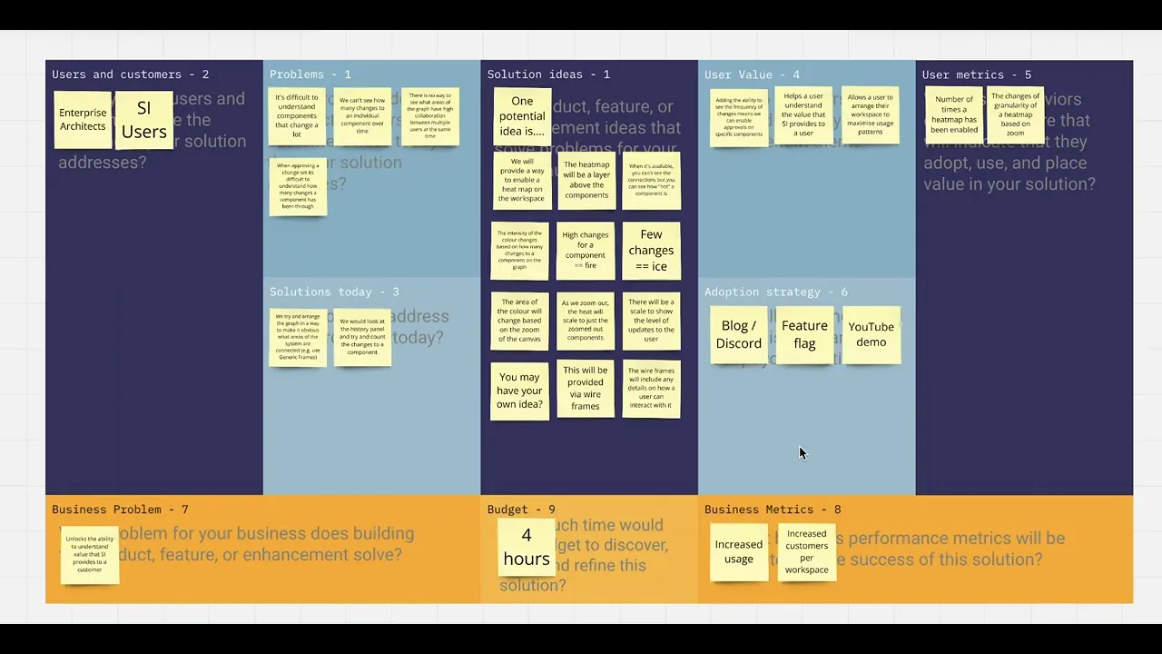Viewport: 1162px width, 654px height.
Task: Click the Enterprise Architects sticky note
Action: click(83, 120)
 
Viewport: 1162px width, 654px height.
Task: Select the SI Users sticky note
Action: click(143, 120)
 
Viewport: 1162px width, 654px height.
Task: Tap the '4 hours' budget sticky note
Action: click(527, 548)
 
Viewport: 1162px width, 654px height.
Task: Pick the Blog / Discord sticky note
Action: click(739, 334)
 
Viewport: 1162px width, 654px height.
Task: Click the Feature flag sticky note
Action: click(804, 334)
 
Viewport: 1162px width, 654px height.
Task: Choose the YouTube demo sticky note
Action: click(871, 334)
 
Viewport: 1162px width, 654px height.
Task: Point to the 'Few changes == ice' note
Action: click(651, 251)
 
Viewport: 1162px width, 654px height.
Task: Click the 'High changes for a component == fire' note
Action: click(586, 251)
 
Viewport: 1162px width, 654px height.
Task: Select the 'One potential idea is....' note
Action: click(522, 116)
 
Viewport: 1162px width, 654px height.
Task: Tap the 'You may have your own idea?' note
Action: click(519, 391)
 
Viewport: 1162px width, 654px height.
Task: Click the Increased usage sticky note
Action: click(739, 551)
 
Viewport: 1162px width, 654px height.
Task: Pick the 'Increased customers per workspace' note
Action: click(806, 551)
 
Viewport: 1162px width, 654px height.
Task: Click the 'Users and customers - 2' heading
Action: click(130, 74)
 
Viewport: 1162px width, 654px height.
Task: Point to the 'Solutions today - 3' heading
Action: click(333, 292)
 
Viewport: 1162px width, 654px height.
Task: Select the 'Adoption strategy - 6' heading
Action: click(775, 292)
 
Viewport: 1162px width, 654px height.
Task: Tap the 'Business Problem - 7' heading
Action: click(120, 510)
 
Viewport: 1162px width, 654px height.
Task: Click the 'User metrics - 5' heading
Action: click(976, 74)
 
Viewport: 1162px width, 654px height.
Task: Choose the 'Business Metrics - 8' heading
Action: click(772, 510)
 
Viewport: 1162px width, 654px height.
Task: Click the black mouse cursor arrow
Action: click(803, 452)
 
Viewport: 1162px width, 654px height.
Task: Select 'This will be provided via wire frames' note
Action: click(586, 389)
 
